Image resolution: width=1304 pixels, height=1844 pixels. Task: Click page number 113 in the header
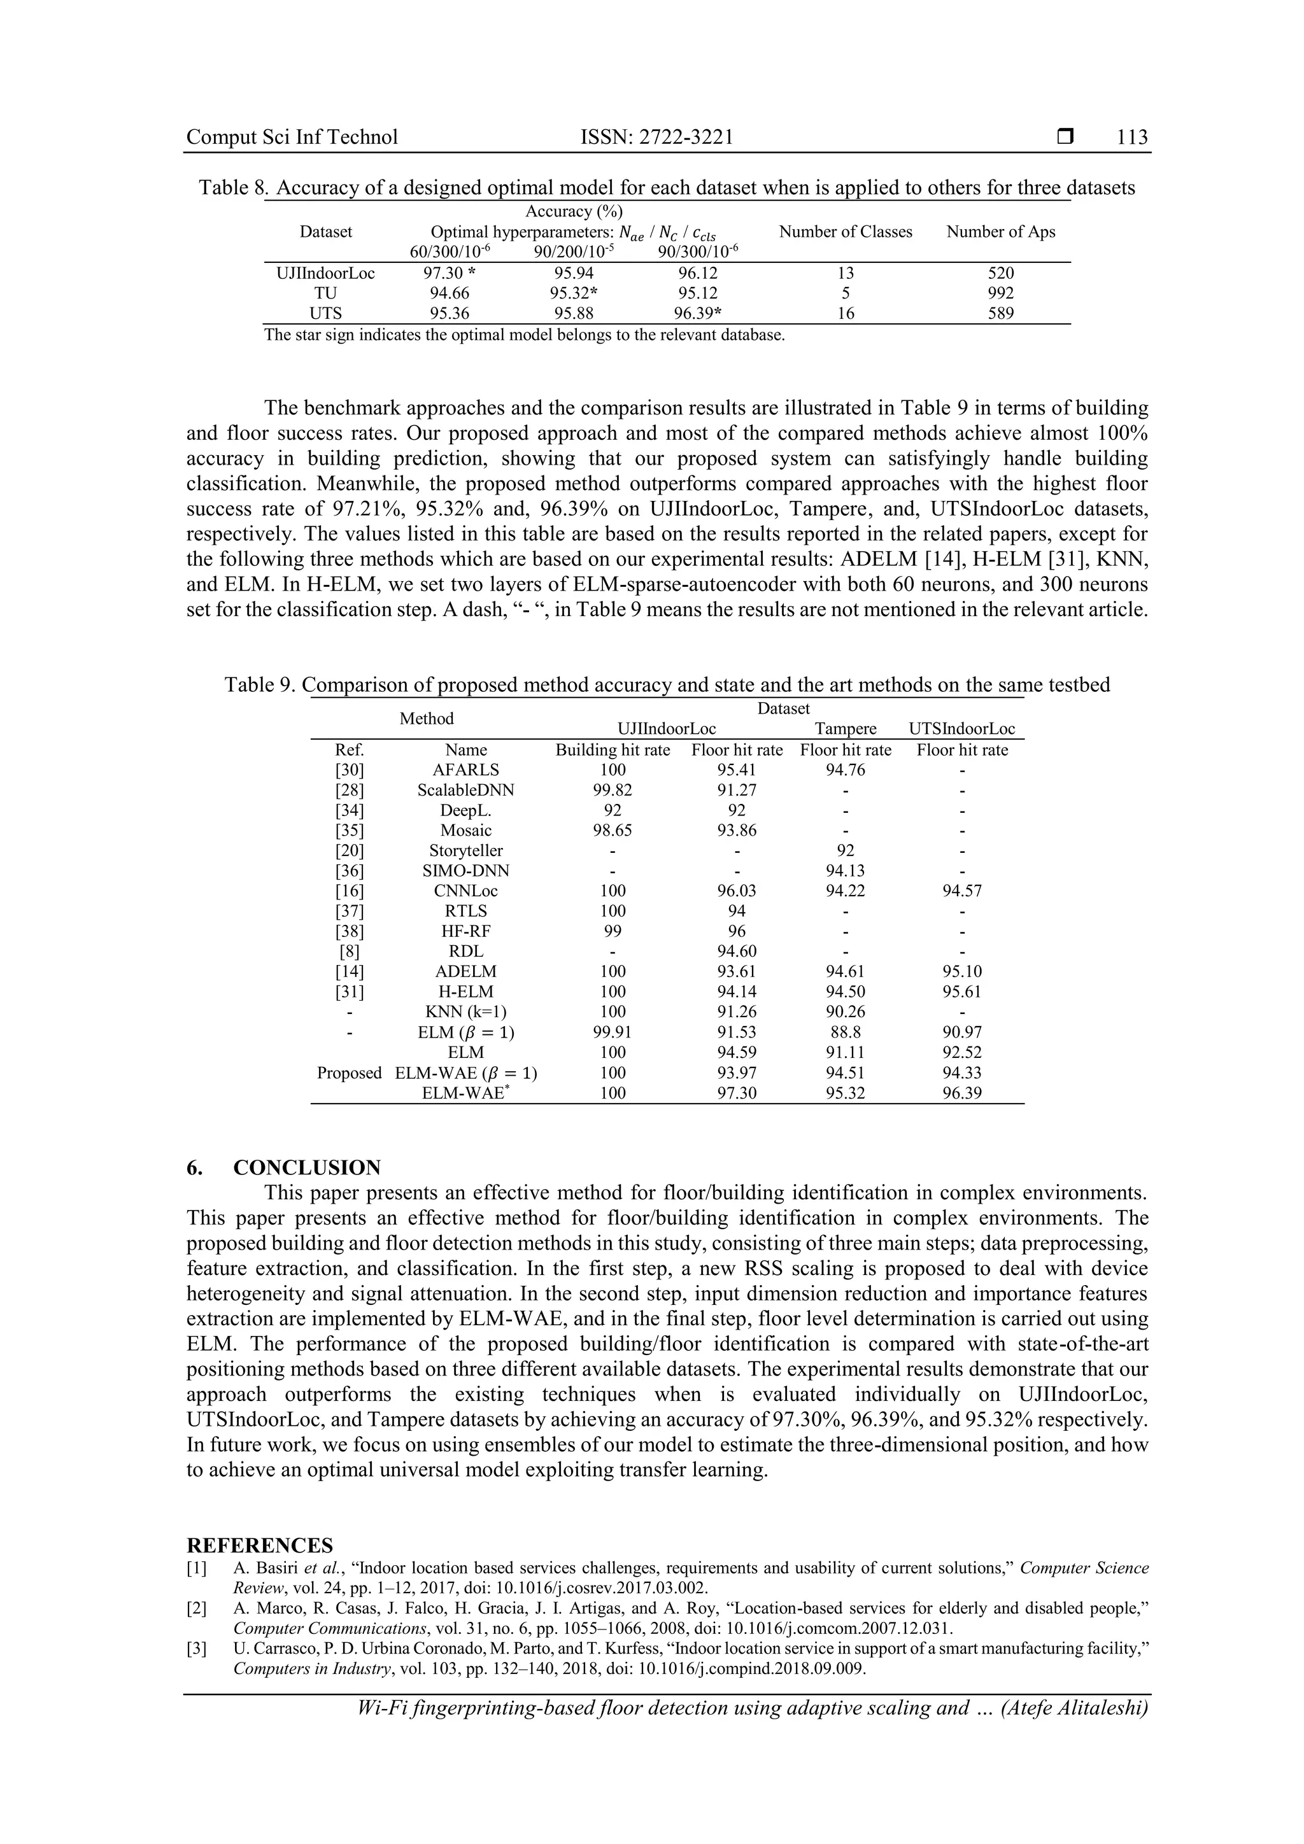[x=1132, y=137]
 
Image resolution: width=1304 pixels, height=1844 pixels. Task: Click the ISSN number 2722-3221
[x=686, y=137]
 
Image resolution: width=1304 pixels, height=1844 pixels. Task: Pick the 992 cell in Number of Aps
[x=1000, y=293]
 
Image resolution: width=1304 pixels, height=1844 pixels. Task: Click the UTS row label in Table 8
[x=325, y=313]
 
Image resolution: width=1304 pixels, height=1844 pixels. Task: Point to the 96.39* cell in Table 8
[x=697, y=313]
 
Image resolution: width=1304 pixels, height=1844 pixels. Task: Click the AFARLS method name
[x=466, y=770]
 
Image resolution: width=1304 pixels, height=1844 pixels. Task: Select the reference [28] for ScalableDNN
[x=350, y=791]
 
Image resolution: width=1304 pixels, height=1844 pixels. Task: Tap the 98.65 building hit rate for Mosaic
[x=613, y=831]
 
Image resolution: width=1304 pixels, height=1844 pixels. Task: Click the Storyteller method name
[x=466, y=850]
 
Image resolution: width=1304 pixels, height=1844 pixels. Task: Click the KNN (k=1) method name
[x=466, y=1012]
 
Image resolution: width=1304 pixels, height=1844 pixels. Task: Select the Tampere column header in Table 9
[x=845, y=729]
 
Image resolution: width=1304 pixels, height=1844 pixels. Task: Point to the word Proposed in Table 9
[x=349, y=1073]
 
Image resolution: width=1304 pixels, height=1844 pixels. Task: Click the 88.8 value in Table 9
[x=845, y=1032]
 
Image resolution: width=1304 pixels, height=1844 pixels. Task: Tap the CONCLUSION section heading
[x=307, y=1168]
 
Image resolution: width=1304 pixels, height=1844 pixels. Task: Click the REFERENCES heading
[x=260, y=1546]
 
